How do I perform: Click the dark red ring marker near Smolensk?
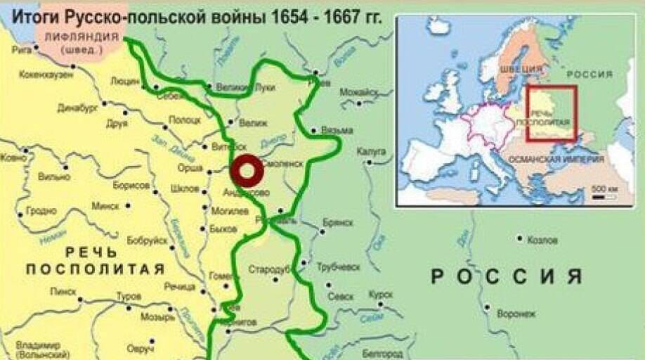[x=247, y=169]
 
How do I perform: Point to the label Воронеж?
[x=516, y=313]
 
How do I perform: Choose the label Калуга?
[x=371, y=150]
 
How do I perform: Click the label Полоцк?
[x=185, y=120]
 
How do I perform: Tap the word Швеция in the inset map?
[x=521, y=69]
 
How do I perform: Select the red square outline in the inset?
[x=552, y=114]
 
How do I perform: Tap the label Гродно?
[x=41, y=210]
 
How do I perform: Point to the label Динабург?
[x=74, y=108]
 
